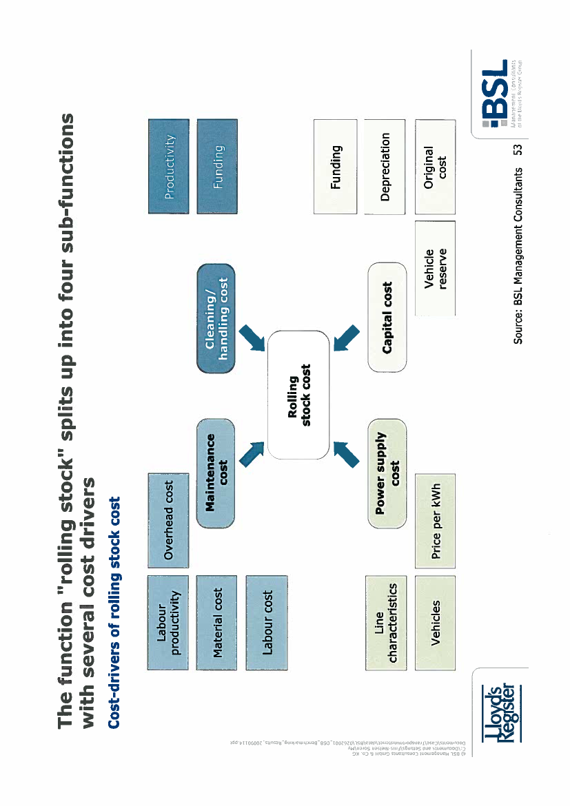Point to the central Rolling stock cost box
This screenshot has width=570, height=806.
[x=298, y=395]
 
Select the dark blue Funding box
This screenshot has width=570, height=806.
[x=216, y=166]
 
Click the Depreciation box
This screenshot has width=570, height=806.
[x=387, y=166]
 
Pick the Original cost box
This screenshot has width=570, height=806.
[x=436, y=166]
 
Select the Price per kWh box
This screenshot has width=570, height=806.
[x=436, y=510]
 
